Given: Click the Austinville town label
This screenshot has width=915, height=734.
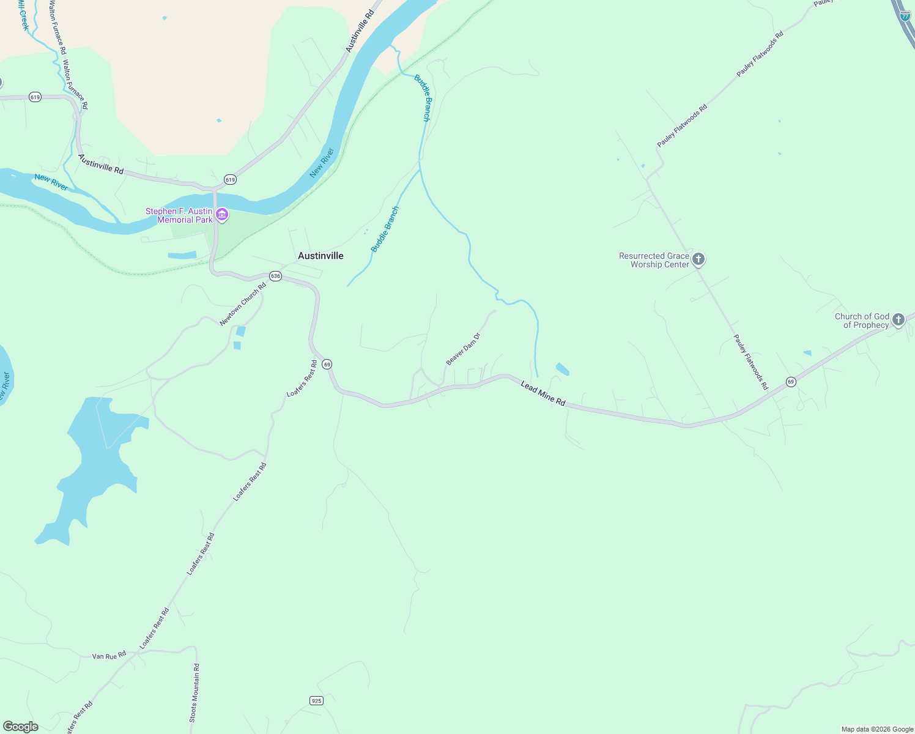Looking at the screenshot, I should click(320, 256).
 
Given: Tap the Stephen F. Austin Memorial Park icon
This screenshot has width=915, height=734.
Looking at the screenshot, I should click(222, 215).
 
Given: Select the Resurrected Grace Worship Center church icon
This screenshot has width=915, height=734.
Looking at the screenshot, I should click(698, 259).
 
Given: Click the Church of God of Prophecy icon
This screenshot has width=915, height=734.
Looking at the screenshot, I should click(898, 319).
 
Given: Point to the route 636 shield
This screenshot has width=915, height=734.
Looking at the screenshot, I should click(275, 276).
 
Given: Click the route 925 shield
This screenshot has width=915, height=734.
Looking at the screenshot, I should click(316, 700).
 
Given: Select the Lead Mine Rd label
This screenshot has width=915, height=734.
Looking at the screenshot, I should click(543, 393).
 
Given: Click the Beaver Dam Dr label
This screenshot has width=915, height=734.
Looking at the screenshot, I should click(463, 349).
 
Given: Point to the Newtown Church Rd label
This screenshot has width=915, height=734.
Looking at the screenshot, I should click(243, 304).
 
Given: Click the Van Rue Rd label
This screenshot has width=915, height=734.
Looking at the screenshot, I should click(109, 656).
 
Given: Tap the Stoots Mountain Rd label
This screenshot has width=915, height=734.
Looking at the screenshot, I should click(194, 693).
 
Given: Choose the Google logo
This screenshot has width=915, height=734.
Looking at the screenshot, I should click(21, 727).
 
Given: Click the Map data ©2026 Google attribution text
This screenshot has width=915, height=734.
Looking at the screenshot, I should click(877, 729).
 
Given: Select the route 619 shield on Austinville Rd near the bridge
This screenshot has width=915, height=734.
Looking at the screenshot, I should click(230, 179).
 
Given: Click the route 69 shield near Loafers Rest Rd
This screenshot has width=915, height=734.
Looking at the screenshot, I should click(327, 365).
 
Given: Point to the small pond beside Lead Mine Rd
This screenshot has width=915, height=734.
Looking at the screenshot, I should click(562, 369).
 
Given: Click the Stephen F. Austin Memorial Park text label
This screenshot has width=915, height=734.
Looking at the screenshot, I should click(179, 215).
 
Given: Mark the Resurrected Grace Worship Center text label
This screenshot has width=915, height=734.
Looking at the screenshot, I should click(654, 260).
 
